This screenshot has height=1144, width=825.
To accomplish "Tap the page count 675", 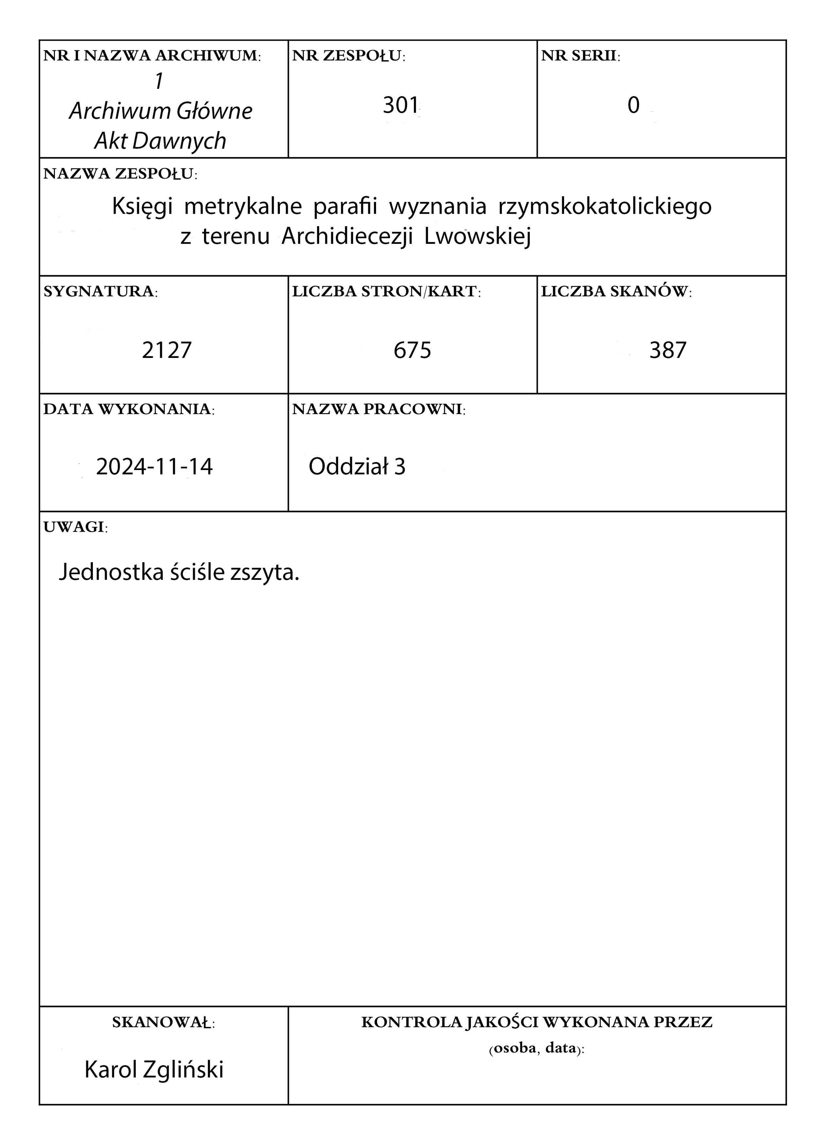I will tap(412, 350).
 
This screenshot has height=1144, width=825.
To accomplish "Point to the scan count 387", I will tap(668, 350).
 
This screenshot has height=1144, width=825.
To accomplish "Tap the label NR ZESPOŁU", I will tap(349, 56).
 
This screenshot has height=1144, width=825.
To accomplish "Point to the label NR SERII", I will tap(580, 56).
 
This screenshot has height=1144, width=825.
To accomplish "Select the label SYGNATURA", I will tap(100, 292).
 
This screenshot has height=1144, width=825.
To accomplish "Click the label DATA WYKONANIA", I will tap(129, 409).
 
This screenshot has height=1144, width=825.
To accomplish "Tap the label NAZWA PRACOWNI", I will tap(378, 409).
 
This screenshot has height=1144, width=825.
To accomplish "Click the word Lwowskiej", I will tap(477, 237).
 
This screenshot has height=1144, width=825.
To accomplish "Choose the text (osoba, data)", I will tap(536, 1049).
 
